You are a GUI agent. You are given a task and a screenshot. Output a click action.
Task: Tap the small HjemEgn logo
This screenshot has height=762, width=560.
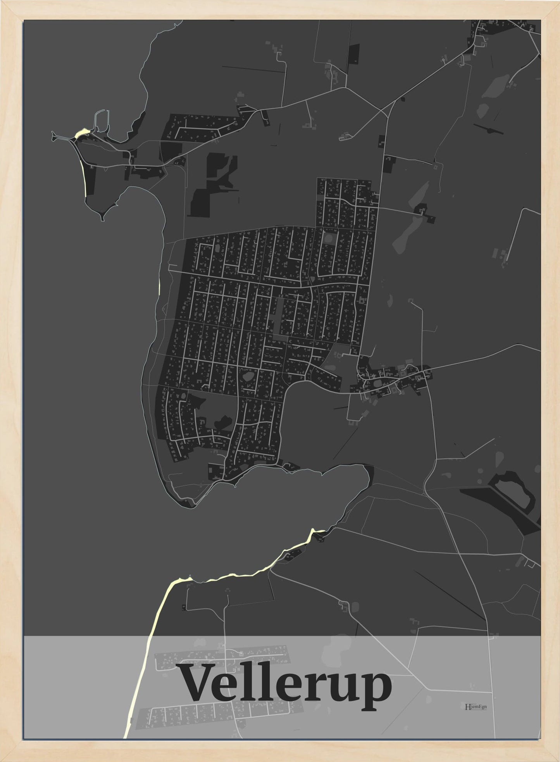pos(476,706)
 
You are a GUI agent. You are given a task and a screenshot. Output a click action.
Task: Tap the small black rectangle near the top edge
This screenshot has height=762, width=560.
pos(354,54)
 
